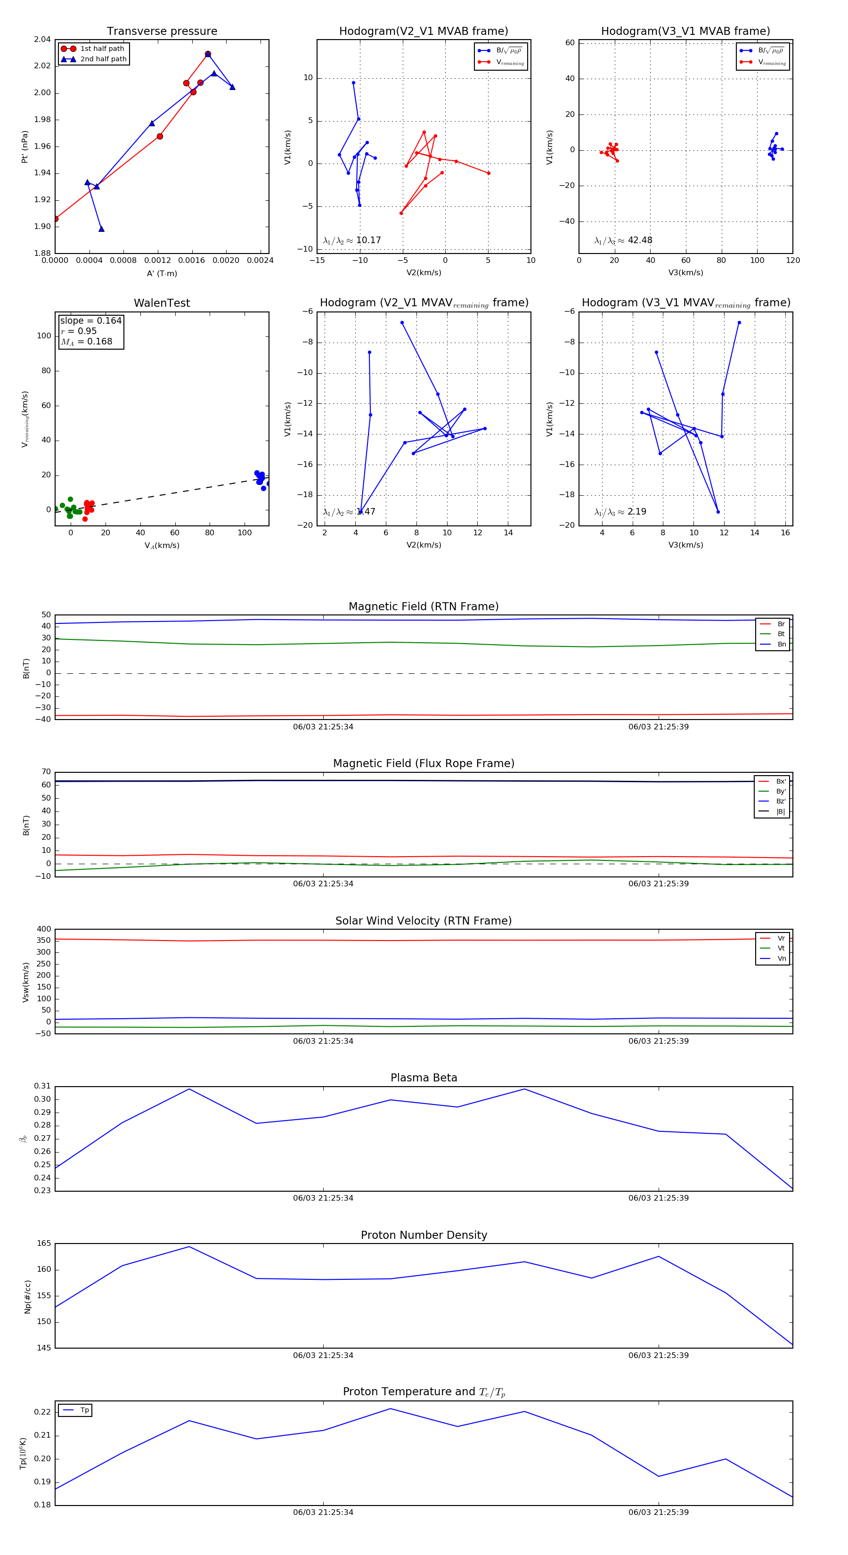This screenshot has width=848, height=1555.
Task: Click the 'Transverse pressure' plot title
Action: coord(162,32)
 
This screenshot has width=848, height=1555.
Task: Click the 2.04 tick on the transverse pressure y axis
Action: coord(42,40)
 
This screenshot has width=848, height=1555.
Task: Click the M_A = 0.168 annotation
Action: coord(86,342)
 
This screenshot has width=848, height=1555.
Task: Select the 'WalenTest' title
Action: coord(162,303)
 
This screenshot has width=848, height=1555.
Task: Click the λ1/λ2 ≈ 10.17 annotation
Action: coord(352,240)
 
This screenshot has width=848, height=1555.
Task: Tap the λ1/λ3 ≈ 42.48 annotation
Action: coord(623,240)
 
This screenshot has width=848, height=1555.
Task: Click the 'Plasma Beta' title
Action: coord(424,1078)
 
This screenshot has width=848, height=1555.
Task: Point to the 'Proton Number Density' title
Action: coord(424,1235)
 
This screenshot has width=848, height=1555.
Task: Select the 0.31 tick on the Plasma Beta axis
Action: coord(42,1086)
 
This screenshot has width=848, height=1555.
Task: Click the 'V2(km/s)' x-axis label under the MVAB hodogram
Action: coord(424,273)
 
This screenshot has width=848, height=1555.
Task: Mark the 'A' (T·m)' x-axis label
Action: coord(162,273)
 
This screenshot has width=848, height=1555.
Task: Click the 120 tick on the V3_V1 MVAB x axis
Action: coord(792,261)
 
